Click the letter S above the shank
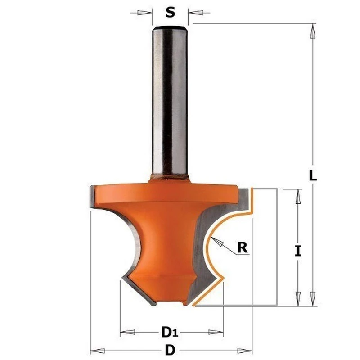pyautogui.click(x=170, y=13)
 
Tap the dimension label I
pyautogui.click(x=297, y=251)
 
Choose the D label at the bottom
pyautogui.click(x=170, y=350)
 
